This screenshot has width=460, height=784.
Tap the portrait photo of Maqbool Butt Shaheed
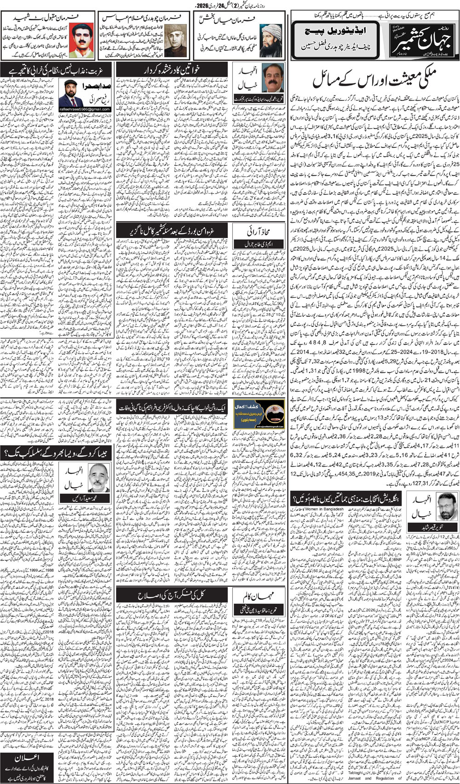pos(83,40)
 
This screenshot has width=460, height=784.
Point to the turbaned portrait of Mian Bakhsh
pos(270,40)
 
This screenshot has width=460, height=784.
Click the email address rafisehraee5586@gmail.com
pos(87,109)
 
